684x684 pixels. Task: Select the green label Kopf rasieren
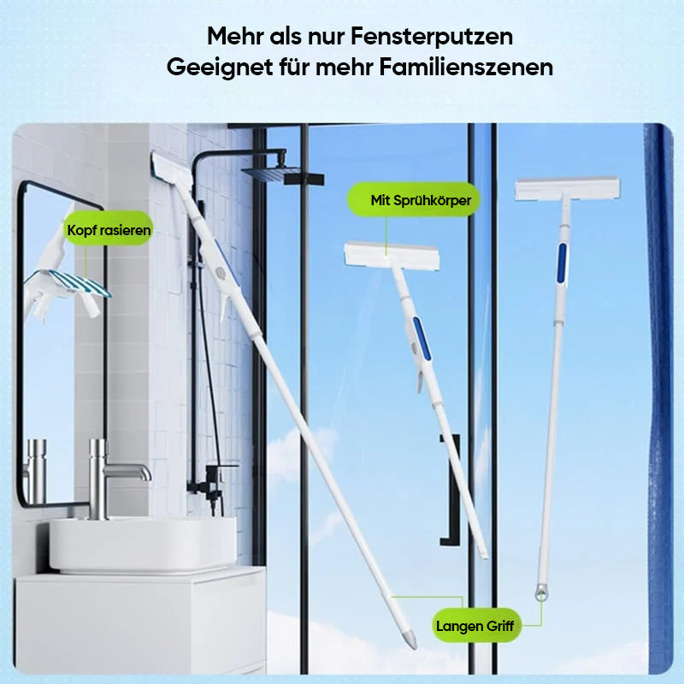(109, 229)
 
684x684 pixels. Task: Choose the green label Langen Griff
(475, 625)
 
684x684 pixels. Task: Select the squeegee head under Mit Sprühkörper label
(392, 256)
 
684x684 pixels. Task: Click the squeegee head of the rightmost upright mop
(567, 189)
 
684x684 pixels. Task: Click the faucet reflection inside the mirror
(34, 466)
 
